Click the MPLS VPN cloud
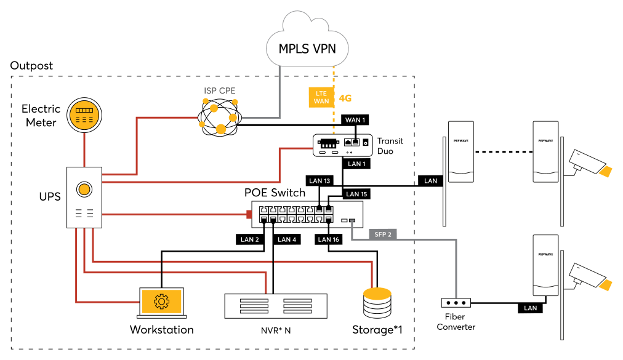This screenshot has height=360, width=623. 307,49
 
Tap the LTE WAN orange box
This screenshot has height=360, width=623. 321,97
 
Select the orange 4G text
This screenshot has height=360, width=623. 345,98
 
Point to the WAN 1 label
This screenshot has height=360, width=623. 355,120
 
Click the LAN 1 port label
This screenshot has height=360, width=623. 356,164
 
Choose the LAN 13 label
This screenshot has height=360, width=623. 320,181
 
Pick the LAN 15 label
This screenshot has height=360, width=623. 356,194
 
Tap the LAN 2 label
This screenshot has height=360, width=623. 249,239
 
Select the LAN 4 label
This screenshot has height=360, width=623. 287,239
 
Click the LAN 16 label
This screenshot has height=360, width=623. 328,239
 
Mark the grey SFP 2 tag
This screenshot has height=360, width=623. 382,234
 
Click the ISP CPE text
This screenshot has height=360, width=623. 219,91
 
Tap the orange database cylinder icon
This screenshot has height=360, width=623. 377,302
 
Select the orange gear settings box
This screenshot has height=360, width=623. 161,302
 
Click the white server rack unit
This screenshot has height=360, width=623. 275,306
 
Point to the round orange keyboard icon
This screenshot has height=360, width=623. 84,115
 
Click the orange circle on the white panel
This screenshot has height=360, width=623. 84,189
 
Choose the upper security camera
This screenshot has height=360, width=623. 590,163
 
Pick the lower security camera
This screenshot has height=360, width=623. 590,276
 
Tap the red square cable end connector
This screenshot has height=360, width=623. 249,214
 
